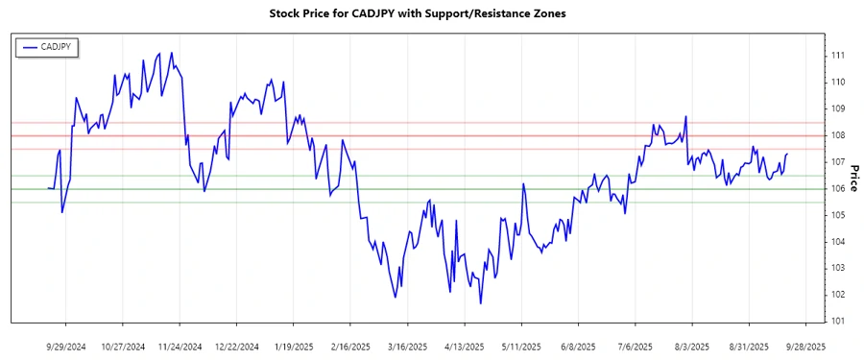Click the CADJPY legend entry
(48, 47)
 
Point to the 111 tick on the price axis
(838, 56)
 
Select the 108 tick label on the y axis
(838, 135)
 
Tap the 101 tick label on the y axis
(838, 321)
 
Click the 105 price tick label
(838, 215)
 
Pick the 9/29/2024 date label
(66, 346)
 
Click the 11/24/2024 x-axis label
(180, 346)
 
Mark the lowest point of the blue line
(480, 303)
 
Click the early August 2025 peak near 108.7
(686, 116)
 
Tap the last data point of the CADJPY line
(787, 154)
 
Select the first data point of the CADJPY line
(48, 188)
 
